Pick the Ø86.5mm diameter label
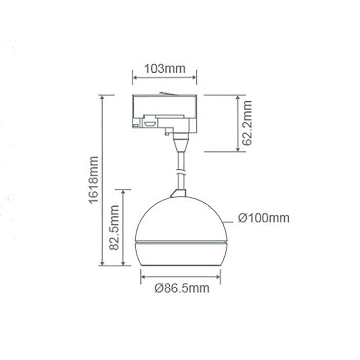pyautogui.click(x=182, y=289)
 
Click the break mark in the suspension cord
pyautogui.click(x=180, y=172)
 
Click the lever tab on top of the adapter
pyautogui.click(x=166, y=93)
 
